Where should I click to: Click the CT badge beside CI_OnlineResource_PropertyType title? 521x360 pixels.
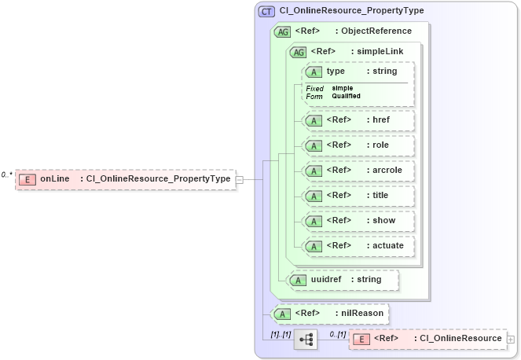pos(266,11)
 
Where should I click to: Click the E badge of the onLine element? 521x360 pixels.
pos(27,179)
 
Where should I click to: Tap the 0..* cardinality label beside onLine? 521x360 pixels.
pos(7,174)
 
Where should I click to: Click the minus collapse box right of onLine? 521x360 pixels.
pos(240,179)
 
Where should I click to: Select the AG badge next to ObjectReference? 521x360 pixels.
pos(281,31)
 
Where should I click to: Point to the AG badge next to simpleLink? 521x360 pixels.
pos(299,52)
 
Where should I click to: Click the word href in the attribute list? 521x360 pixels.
pos(381,120)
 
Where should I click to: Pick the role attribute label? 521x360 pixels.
pos(381,145)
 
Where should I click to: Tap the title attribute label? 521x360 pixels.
pos(381,196)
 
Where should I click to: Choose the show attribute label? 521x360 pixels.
pos(383,221)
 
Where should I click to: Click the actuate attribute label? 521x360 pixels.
pos(386,246)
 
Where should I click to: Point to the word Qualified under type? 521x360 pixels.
pos(347,96)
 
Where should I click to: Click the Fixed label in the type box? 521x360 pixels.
pos(314,88)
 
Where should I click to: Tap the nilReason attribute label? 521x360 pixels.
pos(362,314)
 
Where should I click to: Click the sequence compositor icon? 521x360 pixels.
pos(306,340)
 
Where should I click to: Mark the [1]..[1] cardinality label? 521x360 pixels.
pos(281,335)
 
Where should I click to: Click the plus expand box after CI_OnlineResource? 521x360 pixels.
pos(512,339)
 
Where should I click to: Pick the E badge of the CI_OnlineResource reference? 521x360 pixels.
pos(361,339)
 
